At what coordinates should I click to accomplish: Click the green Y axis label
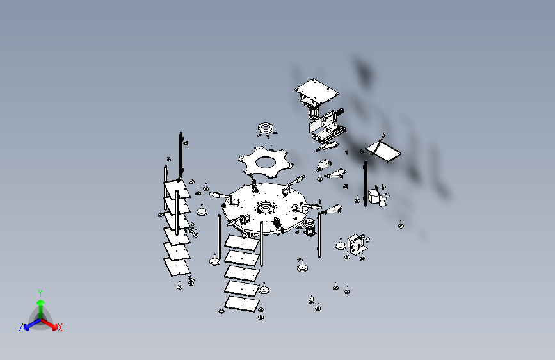click(x=40, y=293)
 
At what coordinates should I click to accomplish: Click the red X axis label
click(x=60, y=328)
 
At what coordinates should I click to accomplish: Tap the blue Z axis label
click(x=21, y=327)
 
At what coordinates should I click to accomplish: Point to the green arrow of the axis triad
click(x=41, y=308)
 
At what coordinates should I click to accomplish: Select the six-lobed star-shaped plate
click(x=266, y=162)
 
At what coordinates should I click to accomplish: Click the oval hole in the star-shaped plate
click(x=266, y=162)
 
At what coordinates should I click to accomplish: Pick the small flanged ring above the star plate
click(x=266, y=127)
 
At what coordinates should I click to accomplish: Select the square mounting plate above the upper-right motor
click(x=317, y=91)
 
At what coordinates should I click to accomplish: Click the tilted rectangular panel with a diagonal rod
click(x=383, y=151)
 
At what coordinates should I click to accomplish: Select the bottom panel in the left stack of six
click(x=177, y=267)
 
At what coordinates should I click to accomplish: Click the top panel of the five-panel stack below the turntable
click(x=242, y=243)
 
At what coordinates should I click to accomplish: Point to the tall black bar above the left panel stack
click(x=181, y=155)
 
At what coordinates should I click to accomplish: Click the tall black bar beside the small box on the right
click(x=366, y=184)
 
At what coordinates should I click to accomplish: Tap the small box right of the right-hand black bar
click(x=374, y=196)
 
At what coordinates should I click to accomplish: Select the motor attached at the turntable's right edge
click(x=309, y=227)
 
